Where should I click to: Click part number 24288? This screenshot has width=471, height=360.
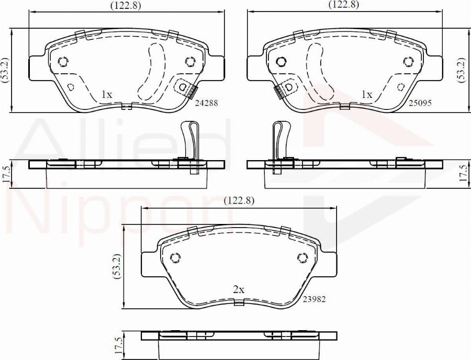pos(206,103)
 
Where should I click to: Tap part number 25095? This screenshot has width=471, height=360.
pos(420,103)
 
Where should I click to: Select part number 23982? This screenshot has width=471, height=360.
pos(314,299)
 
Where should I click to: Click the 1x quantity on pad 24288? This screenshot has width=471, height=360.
pos(107,95)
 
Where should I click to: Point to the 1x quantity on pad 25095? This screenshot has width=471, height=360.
pos(366,95)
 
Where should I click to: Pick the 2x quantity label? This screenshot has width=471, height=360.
pos(239,290)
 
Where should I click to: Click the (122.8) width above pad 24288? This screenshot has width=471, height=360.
pos(126,5)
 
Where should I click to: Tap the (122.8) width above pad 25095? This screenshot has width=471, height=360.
pos(344,5)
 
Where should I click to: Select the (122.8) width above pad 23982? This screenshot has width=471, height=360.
pos(239,200)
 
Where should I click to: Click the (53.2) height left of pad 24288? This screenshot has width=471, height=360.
pos(5,70)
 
